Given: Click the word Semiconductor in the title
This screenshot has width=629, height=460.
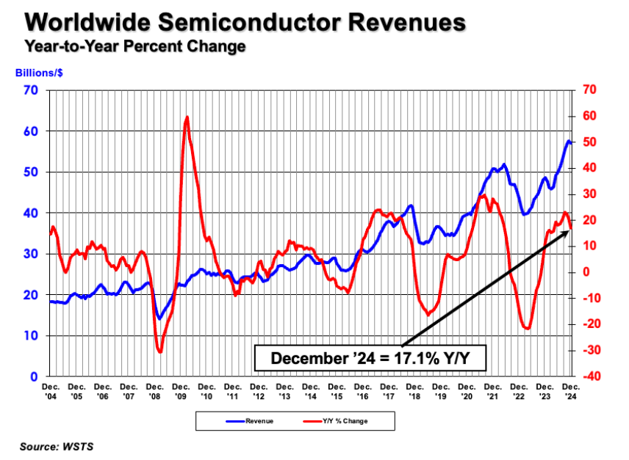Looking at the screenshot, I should tap(248, 22).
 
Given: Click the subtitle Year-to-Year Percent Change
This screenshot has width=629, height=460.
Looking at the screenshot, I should tap(134, 48).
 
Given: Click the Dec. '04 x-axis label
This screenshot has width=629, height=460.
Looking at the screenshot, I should tap(51, 390).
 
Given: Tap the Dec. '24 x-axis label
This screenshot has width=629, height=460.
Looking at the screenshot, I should tap(569, 390).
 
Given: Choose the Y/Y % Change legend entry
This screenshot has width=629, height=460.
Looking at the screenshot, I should tap(337, 421).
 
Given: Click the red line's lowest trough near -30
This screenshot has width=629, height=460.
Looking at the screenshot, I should tap(160, 352).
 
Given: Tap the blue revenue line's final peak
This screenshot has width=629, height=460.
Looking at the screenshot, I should tap(568, 140).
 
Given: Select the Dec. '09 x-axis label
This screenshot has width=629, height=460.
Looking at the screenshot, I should tap(181, 390).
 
